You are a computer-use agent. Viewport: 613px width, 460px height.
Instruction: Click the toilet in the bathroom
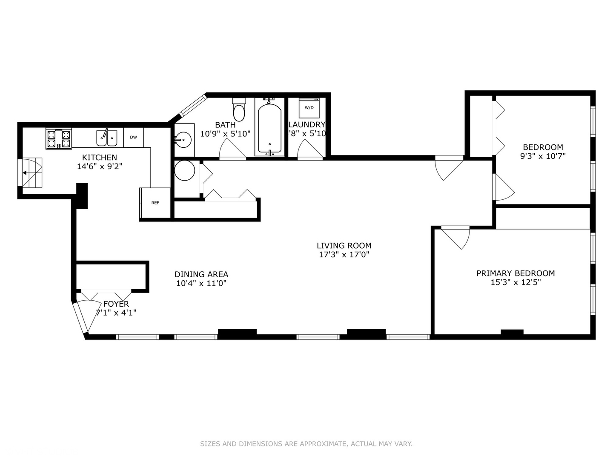pyautogui.click(x=239, y=110)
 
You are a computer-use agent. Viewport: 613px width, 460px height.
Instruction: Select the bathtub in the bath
pyautogui.click(x=269, y=128)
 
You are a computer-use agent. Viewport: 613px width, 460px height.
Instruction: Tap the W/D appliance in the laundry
pyautogui.click(x=309, y=108)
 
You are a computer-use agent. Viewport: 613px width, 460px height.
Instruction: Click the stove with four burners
pyautogui.click(x=59, y=139)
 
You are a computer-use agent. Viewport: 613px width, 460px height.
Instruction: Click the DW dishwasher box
pyautogui.click(x=134, y=137)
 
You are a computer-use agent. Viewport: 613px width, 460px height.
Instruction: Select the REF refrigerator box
pyautogui.click(x=155, y=203)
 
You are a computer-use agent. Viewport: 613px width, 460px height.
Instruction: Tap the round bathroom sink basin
pyautogui.click(x=183, y=139)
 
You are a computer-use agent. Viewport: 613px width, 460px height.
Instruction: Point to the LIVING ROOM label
pyautogui.click(x=344, y=246)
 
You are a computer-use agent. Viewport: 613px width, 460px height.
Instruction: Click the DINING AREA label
pyautogui.click(x=201, y=275)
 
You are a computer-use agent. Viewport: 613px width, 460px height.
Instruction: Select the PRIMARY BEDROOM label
pyautogui.click(x=516, y=273)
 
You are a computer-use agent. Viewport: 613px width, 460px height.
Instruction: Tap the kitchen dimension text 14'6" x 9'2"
pyautogui.click(x=100, y=167)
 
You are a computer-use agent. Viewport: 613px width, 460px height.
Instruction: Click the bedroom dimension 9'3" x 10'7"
pyautogui.click(x=543, y=156)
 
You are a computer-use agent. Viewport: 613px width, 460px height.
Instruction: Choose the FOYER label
pyautogui.click(x=116, y=304)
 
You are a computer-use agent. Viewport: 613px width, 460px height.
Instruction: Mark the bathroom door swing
pyautogui.click(x=231, y=149)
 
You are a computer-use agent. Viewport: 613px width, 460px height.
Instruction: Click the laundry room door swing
pyautogui.click(x=309, y=149)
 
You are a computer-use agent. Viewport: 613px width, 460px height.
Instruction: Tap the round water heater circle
pyautogui.click(x=185, y=170)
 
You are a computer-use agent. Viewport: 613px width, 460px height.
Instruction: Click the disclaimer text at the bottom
pyautogui.click(x=306, y=444)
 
